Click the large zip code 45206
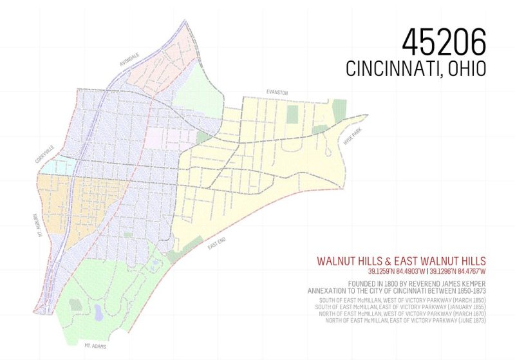click(444, 42)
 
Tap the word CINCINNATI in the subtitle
click(392, 69)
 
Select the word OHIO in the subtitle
click(465, 69)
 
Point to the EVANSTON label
click(278, 93)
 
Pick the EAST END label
click(216, 245)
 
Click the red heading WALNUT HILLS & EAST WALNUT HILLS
click(401, 261)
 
